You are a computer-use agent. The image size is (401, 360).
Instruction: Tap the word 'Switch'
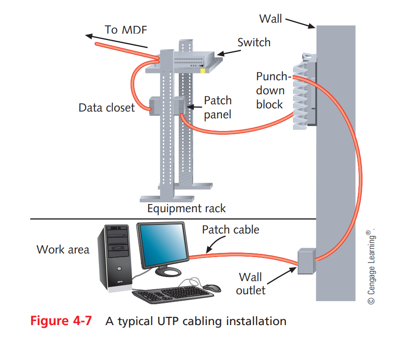(254, 43)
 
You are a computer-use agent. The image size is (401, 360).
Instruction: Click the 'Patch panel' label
(217, 107)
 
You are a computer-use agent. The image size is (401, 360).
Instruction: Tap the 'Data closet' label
(106, 108)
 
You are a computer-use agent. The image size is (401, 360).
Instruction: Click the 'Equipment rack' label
(186, 209)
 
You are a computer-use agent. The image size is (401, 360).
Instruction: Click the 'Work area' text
(63, 249)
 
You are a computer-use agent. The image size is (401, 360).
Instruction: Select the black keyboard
(173, 294)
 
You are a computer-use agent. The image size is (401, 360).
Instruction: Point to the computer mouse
(211, 287)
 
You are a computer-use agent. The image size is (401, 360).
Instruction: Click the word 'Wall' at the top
(270, 19)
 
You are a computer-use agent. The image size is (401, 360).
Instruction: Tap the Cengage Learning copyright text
(371, 268)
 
